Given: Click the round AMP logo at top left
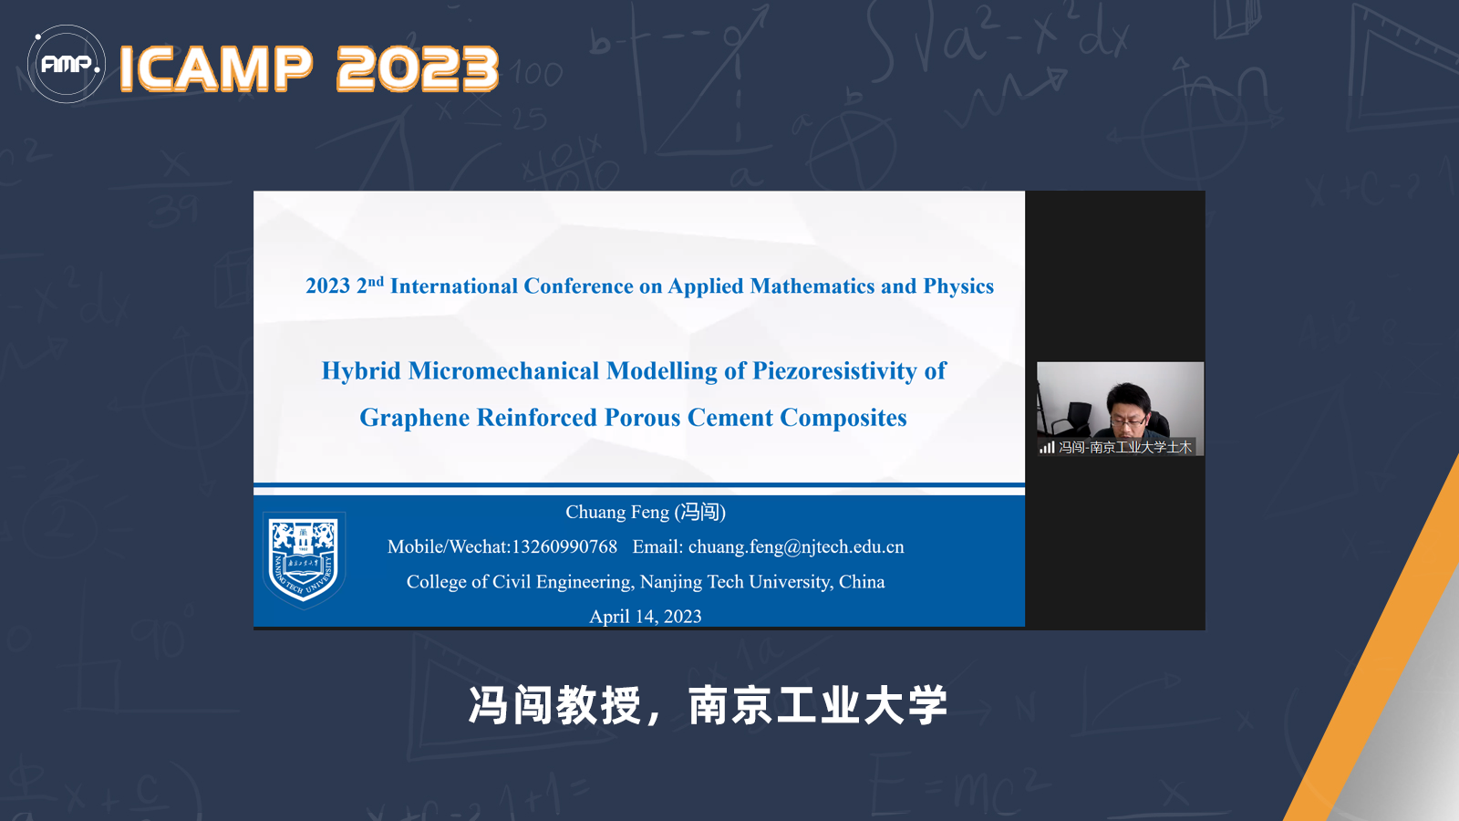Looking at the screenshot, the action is pyautogui.click(x=66, y=64).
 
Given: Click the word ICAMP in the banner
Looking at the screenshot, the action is pyautogui.click(x=216, y=68).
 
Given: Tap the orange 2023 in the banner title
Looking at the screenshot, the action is pyautogui.click(x=418, y=68).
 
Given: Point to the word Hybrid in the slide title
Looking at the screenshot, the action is pyautogui.click(x=361, y=371).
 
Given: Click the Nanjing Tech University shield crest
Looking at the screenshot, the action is pyautogui.click(x=304, y=560).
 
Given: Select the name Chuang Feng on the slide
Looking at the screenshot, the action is pyautogui.click(x=616, y=512).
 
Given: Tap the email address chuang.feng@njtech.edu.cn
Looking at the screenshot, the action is pyautogui.click(x=796, y=547).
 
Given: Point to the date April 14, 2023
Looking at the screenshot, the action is pyautogui.click(x=646, y=617).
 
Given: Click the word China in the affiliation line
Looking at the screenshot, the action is pyautogui.click(x=862, y=581).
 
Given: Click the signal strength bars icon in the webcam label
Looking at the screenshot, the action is pyautogui.click(x=1047, y=447).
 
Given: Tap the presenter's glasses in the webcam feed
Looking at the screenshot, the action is pyautogui.click(x=1128, y=421).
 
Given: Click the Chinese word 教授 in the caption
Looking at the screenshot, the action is pyautogui.click(x=598, y=706).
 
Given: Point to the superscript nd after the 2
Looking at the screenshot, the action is pyautogui.click(x=376, y=281).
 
